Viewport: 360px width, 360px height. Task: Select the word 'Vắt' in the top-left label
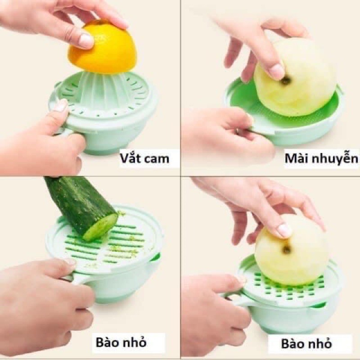pyautogui.click(x=129, y=158)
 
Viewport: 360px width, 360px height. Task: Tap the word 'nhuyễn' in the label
pyautogui.click(x=333, y=158)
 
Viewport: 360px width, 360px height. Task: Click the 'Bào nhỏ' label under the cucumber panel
pyautogui.click(x=121, y=342)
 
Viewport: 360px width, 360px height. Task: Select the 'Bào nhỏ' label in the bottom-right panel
pyautogui.click(x=306, y=344)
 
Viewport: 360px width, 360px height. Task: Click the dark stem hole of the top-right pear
pyautogui.click(x=286, y=81)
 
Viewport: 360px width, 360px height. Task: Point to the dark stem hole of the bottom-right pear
pyautogui.click(x=286, y=249)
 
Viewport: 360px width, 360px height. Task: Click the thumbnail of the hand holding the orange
pyautogui.click(x=86, y=40)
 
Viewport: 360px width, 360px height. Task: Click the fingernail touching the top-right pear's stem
pyautogui.click(x=277, y=71)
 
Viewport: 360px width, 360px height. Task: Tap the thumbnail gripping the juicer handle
pyautogui.click(x=60, y=106)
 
